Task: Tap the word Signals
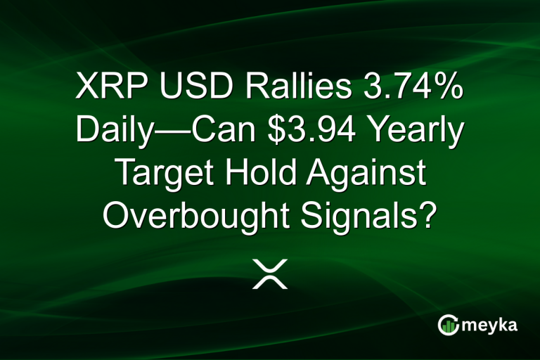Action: tap(365, 214)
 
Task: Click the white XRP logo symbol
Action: tap(270, 274)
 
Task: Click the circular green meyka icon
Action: tap(447, 325)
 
